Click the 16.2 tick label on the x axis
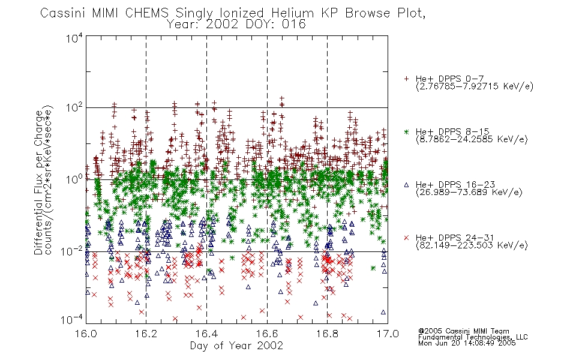click(146, 334)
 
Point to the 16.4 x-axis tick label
click(206, 334)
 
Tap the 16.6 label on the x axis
click(267, 334)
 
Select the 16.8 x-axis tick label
click(327, 334)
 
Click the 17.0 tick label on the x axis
click(388, 334)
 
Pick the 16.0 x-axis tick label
click(86, 334)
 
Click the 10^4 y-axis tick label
click(74, 38)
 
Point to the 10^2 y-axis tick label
click(74, 109)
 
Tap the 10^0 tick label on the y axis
click(74, 179)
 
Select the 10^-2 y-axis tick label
click(72, 251)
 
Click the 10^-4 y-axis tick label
click(72, 319)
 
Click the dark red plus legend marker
click(406, 79)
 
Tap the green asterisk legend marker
click(406, 131)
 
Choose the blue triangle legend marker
click(406, 185)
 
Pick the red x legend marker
click(406, 238)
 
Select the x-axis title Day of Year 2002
click(236, 346)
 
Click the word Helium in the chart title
click(292, 13)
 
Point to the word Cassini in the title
click(63, 13)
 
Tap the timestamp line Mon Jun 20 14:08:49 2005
click(467, 343)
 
